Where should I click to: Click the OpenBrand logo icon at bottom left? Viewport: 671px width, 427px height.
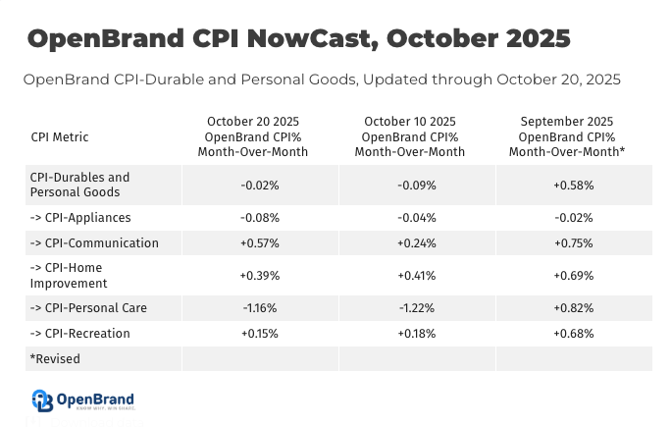click(x=41, y=400)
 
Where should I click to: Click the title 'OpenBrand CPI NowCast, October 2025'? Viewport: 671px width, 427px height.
click(x=298, y=38)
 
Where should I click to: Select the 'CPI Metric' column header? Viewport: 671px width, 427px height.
click(x=60, y=137)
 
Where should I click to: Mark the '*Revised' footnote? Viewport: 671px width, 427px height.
click(x=55, y=359)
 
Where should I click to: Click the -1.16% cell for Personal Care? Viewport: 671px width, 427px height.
click(x=260, y=308)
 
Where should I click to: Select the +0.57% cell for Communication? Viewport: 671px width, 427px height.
click(x=260, y=243)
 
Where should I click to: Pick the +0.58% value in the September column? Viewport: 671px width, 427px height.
click(x=574, y=185)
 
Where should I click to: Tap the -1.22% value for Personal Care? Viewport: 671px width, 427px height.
click(x=417, y=308)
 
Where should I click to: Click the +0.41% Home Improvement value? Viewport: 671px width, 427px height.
click(x=417, y=276)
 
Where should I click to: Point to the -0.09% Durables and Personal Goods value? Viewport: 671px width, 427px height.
click(x=417, y=185)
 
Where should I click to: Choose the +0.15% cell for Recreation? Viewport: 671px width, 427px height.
click(x=260, y=334)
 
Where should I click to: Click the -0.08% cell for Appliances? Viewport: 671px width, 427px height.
click(x=260, y=217)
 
